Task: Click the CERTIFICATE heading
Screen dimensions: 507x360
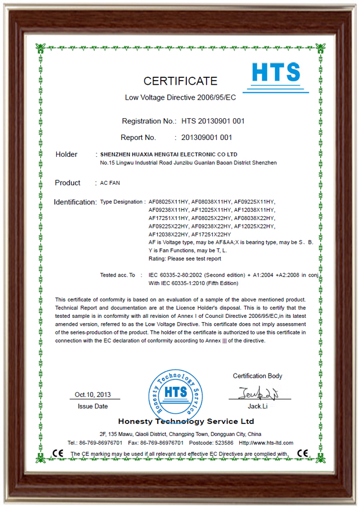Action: click(x=180, y=81)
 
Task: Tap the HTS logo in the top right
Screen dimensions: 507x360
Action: click(x=275, y=75)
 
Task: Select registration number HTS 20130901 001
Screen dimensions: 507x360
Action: click(x=212, y=121)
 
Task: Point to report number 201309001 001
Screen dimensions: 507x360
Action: click(x=206, y=138)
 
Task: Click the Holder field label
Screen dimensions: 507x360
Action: click(x=66, y=155)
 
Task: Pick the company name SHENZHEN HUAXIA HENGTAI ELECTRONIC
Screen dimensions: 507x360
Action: click(x=168, y=154)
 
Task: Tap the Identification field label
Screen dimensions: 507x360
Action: click(x=75, y=202)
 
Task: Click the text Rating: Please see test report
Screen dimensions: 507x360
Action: click(x=185, y=259)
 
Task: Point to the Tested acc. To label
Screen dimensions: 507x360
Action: click(x=118, y=275)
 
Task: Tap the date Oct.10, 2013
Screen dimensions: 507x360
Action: click(x=93, y=395)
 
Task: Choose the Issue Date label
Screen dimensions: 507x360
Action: click(x=93, y=406)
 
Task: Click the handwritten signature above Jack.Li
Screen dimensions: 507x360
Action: click(x=258, y=393)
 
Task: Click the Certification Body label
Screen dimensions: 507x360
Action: click(x=257, y=376)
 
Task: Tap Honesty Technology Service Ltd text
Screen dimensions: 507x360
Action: click(x=186, y=422)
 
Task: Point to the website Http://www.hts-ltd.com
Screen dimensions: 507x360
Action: click(x=266, y=442)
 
